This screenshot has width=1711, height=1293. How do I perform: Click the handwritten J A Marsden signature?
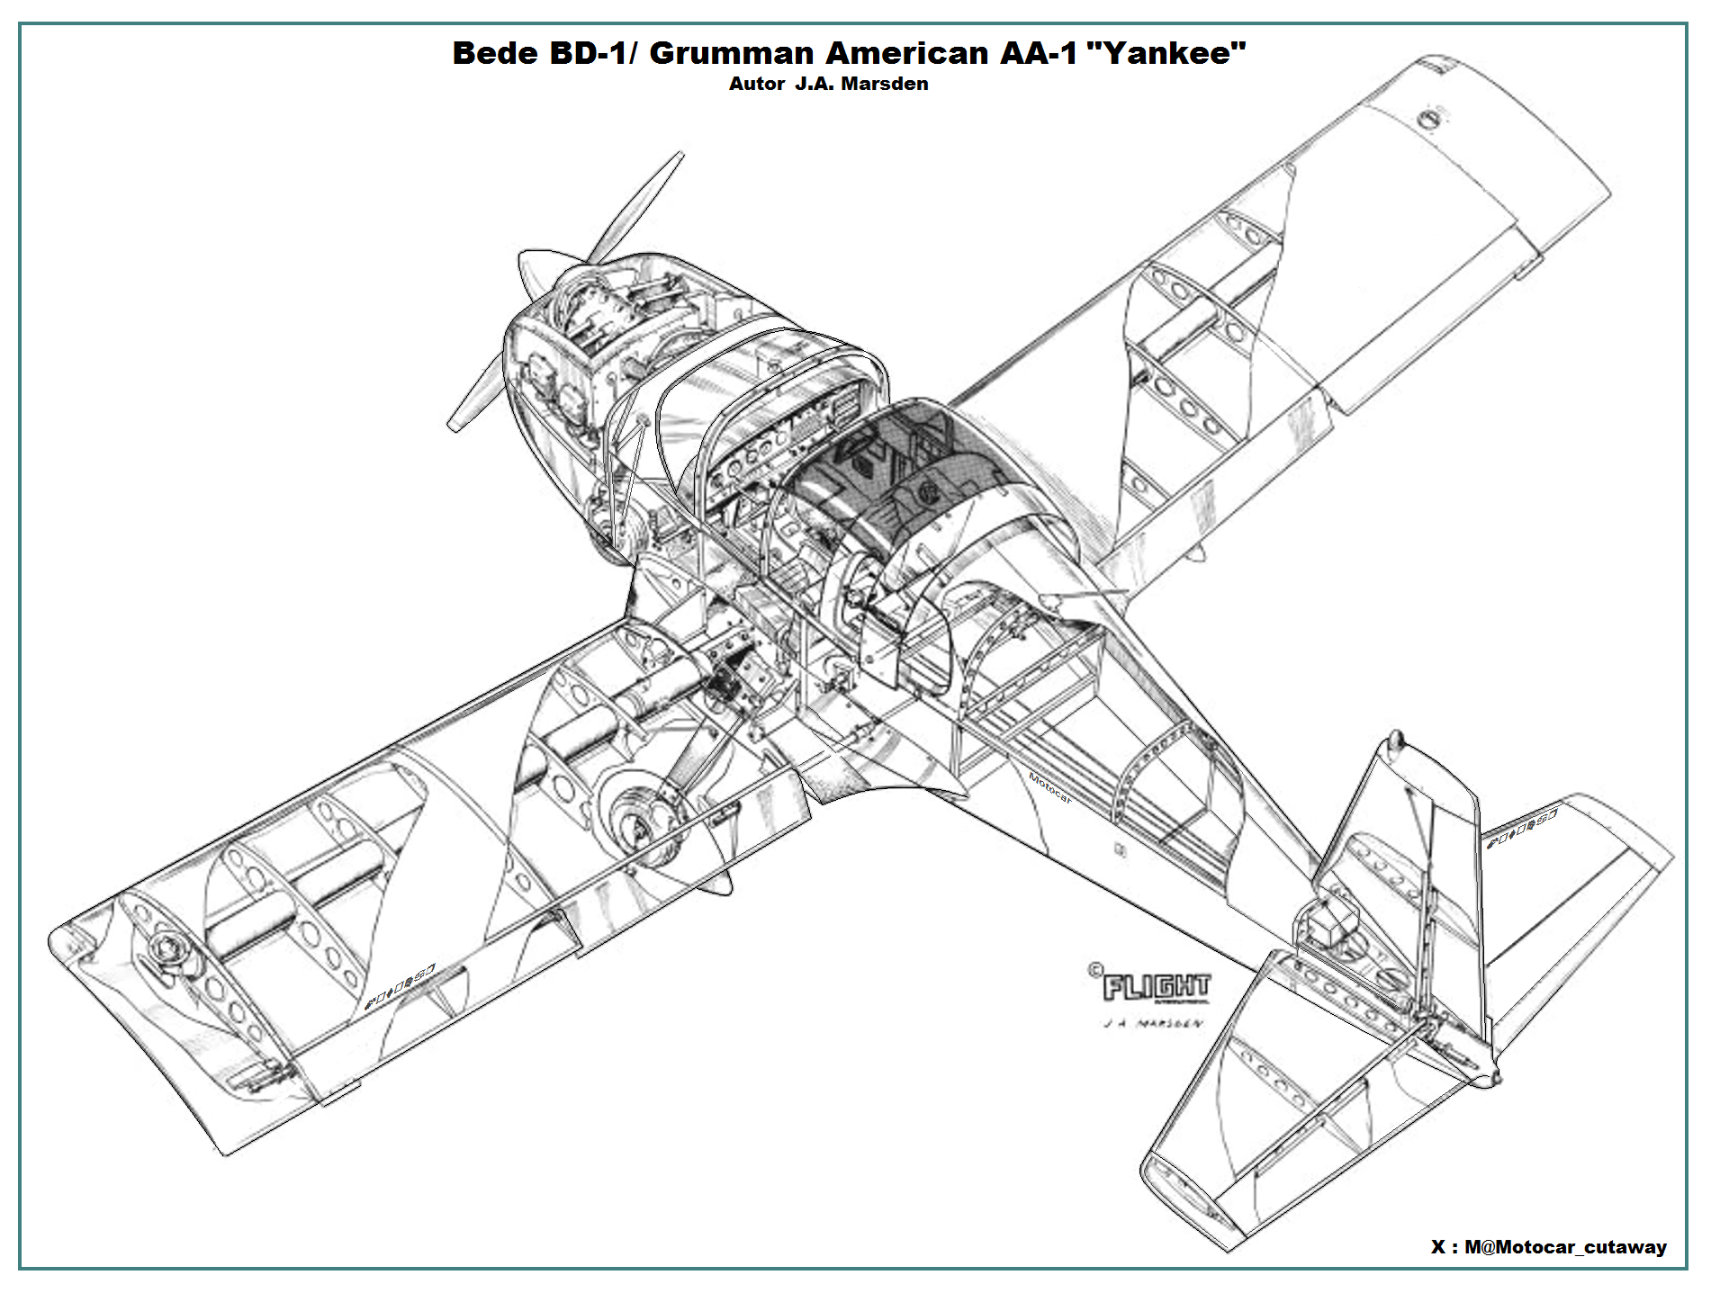1151,1024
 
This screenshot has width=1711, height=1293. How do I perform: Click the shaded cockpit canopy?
900,468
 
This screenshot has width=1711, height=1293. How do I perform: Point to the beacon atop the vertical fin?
1395,740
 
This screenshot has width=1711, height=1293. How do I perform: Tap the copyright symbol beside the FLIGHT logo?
1094,970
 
